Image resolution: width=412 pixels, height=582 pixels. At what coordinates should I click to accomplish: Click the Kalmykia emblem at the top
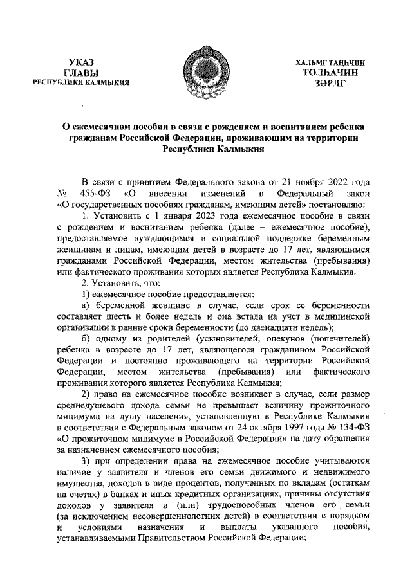pyautogui.click(x=205, y=70)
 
